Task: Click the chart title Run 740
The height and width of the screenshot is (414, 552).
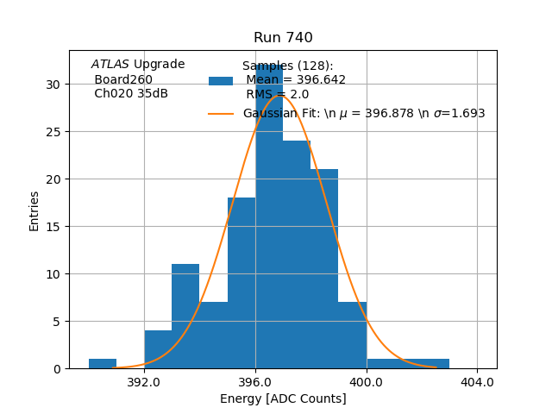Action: (x=283, y=38)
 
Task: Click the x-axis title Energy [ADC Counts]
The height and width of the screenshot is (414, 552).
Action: (x=283, y=398)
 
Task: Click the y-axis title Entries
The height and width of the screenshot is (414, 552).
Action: (x=34, y=210)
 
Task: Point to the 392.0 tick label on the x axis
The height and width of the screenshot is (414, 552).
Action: (x=143, y=381)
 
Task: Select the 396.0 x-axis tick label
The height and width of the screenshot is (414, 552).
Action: (x=255, y=381)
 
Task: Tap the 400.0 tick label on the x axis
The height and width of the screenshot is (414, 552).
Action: (x=367, y=381)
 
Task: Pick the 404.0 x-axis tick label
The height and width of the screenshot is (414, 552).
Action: (x=478, y=381)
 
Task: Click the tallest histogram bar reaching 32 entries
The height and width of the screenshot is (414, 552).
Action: (x=269, y=216)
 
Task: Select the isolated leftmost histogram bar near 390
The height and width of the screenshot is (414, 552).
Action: (x=103, y=364)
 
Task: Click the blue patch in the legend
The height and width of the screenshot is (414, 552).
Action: (x=221, y=80)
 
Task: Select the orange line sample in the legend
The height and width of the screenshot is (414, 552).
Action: (x=221, y=113)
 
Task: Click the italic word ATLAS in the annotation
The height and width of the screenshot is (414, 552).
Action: (x=110, y=64)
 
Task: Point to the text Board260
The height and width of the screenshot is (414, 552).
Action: (x=123, y=79)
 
